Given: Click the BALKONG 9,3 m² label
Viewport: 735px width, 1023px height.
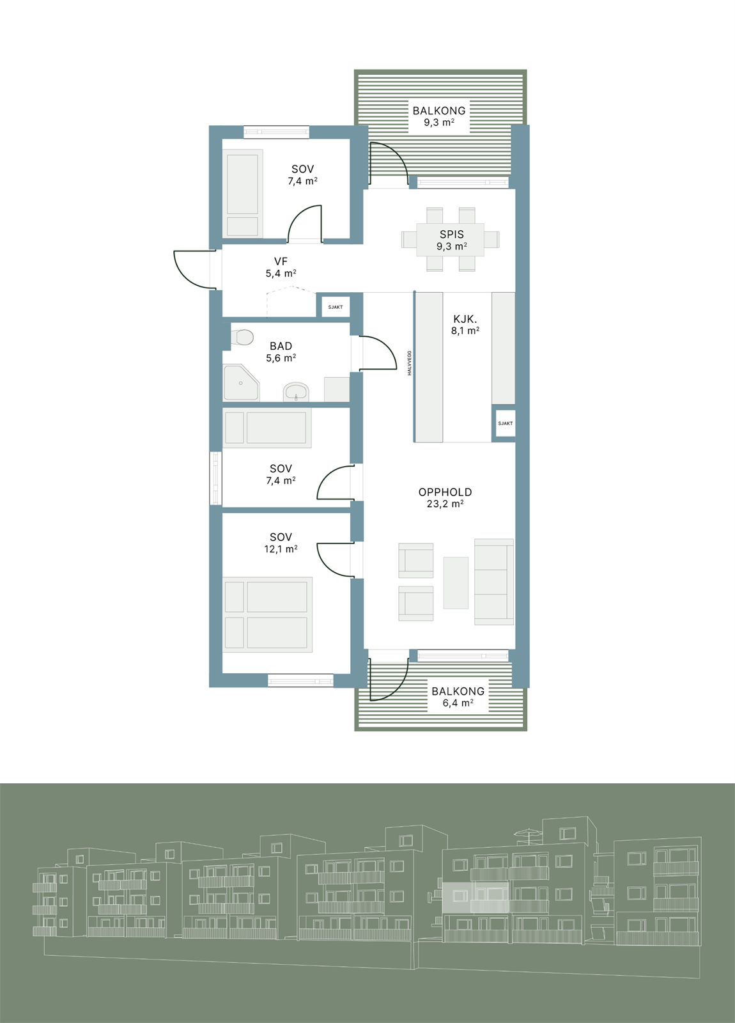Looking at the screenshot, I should point(438,116).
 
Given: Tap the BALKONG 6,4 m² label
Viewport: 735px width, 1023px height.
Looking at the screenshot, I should point(458,697).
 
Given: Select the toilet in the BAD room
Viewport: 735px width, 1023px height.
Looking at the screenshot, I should point(242,337).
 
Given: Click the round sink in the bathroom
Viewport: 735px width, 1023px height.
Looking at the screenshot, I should point(295,391).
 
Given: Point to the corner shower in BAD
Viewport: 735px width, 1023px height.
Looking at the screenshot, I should point(240,383).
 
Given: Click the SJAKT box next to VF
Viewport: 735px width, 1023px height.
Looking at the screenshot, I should point(336,307).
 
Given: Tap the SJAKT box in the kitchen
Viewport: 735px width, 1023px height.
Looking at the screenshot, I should point(505,423).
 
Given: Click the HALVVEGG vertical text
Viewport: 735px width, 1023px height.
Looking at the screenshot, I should point(410,363).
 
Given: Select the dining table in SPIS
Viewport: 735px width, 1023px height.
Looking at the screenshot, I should point(451,240).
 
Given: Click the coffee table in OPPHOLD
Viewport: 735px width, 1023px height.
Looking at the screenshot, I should point(456,582).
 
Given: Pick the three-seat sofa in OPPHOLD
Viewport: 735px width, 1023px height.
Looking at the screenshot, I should point(493,582).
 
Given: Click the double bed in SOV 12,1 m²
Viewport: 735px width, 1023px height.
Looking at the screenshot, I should point(267,614).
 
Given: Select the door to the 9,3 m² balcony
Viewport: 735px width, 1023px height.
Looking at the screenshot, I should point(388,164).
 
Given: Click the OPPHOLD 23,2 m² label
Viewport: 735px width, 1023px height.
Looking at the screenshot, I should point(445,497).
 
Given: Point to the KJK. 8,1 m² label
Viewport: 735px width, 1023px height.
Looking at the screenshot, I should point(465,324).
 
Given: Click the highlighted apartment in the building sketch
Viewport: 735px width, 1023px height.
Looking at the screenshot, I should point(475,897).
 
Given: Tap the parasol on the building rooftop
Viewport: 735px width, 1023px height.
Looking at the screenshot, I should point(528,833).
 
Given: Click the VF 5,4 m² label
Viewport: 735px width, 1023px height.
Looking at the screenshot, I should point(281,267).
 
